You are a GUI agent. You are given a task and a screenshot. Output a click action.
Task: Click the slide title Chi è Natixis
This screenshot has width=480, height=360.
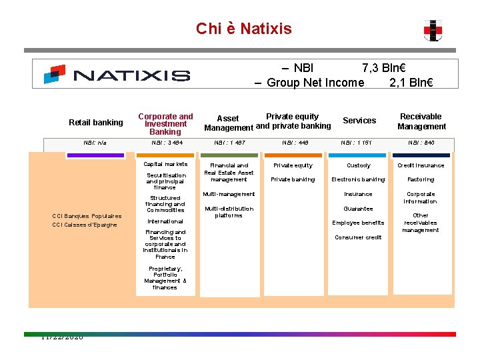[243, 29]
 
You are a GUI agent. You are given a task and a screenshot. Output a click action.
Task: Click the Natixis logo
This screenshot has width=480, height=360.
[117, 74]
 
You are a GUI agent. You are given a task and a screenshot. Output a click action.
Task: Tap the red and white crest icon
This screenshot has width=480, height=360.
[432, 30]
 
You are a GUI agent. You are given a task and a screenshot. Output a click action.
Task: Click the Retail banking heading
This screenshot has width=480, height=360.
[96, 123]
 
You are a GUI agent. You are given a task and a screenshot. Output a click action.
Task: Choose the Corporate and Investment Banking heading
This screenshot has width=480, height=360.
[165, 124]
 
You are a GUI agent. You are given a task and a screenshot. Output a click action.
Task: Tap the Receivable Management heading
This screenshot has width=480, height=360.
[421, 121]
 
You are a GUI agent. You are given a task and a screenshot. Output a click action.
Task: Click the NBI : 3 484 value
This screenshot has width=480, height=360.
[167, 143]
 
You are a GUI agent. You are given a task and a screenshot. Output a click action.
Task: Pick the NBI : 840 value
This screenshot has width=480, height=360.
[421, 143]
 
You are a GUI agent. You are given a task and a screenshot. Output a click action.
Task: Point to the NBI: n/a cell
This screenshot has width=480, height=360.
[95, 143]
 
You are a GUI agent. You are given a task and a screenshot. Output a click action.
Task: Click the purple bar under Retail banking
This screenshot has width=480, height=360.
[96, 155]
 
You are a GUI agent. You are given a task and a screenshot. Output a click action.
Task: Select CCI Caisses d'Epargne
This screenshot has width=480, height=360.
[85, 225]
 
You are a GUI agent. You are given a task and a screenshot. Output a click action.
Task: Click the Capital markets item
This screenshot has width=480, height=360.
[166, 164]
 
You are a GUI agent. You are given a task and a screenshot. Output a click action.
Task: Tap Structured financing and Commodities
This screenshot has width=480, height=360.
[165, 204]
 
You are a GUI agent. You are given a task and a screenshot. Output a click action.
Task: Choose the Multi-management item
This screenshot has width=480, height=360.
[229, 194]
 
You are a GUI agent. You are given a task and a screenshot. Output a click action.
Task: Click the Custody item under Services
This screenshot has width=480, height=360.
[359, 165]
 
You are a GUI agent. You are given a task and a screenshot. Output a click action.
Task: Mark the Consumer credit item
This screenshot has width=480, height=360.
[358, 237]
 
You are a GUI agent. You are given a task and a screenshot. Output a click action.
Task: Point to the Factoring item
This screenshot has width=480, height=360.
[421, 179]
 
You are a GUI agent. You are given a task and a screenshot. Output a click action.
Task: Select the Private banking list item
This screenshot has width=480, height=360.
[293, 179]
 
